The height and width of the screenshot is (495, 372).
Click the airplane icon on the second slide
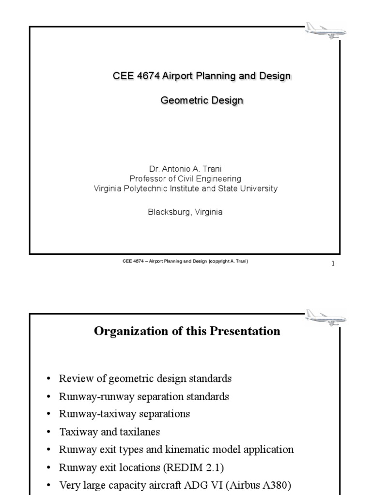(x=326, y=317)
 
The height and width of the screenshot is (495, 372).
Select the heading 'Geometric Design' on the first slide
(x=201, y=101)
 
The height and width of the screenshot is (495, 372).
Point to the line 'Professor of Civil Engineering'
(x=186, y=179)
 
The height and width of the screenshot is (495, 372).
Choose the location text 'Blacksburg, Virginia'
(x=186, y=212)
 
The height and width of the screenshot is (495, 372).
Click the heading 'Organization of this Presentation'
(x=187, y=331)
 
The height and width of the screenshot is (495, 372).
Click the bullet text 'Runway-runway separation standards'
(x=144, y=396)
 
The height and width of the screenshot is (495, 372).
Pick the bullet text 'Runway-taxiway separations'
(x=124, y=414)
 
